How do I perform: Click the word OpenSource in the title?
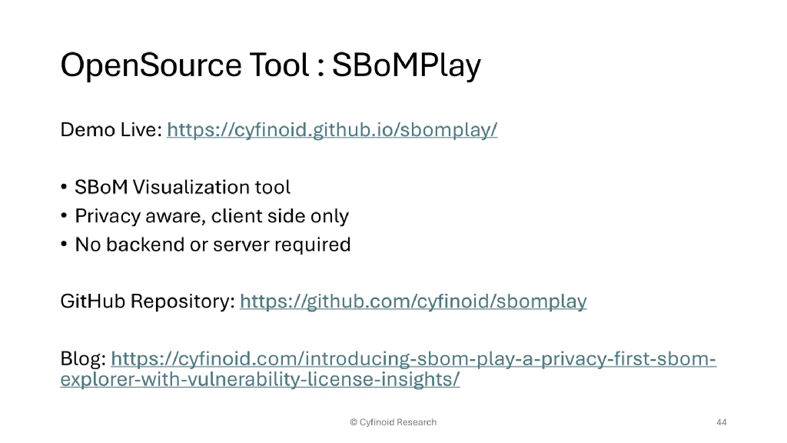[151, 65]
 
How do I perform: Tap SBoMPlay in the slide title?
[406, 65]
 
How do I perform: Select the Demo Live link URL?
[332, 130]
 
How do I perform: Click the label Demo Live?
[111, 130]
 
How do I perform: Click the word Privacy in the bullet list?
[102, 216]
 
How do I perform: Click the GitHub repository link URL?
[413, 301]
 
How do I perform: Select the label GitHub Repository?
[147, 301]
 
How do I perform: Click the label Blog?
[83, 359]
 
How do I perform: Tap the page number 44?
[721, 422]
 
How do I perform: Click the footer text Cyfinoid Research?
[398, 422]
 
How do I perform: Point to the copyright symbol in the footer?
[354, 422]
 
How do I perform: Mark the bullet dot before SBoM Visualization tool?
[65, 188]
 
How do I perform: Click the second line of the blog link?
[260, 380]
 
